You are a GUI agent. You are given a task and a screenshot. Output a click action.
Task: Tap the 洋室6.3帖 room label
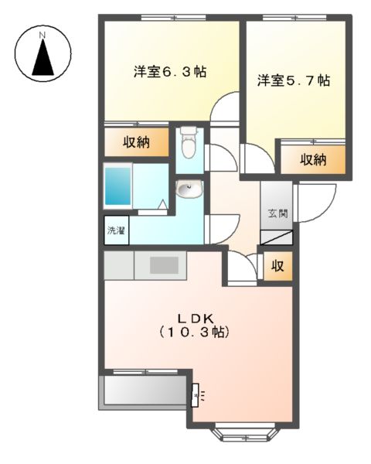tap(169, 72)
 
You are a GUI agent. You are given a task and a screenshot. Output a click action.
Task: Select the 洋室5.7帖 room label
tap(294, 80)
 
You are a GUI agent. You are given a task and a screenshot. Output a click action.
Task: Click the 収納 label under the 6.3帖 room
tap(136, 143)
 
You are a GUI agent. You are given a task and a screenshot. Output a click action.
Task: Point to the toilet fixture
tap(188, 145)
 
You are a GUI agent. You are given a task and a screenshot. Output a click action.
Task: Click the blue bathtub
tap(120, 183)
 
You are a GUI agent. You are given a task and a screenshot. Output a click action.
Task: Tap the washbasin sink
tap(188, 188)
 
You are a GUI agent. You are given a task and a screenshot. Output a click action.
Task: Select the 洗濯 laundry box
tap(117, 230)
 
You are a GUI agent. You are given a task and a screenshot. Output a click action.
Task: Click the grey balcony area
tap(143, 392)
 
